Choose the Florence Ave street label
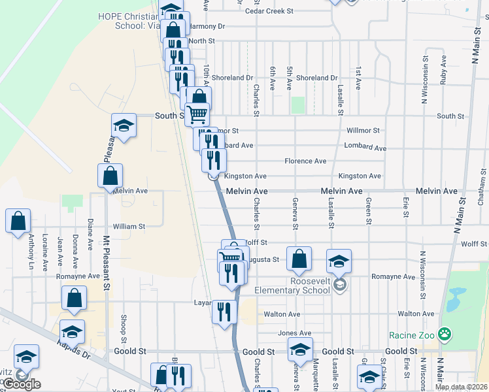click(305, 161)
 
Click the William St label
click(129, 226)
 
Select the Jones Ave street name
click(294, 333)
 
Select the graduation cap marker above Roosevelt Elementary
click(339, 261)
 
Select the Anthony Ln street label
click(30, 253)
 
